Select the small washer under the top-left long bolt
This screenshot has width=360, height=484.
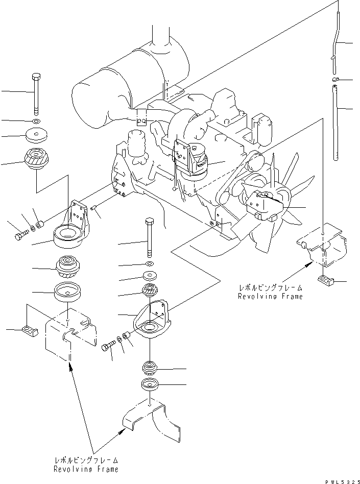pos(36,122)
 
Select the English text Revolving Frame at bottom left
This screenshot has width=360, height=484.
pos(87,469)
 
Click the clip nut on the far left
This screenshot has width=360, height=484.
pos(30,331)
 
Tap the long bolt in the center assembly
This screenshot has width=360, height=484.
pos(149,237)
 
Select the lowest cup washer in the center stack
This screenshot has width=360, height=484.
pos(150,384)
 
